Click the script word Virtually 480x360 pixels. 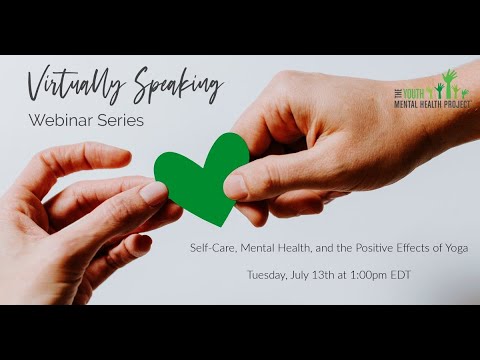pos(76,84)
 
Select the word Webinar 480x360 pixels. pos(57,120)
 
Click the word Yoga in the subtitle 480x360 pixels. pos(456,248)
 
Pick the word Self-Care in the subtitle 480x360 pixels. pos(214,248)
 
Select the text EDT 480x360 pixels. pos(401,275)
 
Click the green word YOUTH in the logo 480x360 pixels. pos(414,94)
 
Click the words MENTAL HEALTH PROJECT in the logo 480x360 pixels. pos(432,104)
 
